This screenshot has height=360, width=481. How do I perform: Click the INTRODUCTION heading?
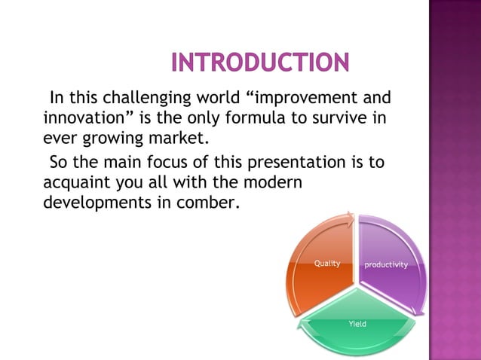(260, 63)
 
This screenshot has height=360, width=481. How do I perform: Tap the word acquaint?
(77, 182)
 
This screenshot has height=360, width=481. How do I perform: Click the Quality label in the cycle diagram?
(327, 264)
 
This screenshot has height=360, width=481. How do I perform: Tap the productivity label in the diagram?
(386, 265)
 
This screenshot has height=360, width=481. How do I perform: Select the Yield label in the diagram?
(357, 323)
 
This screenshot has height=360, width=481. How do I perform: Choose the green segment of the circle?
(357, 335)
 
